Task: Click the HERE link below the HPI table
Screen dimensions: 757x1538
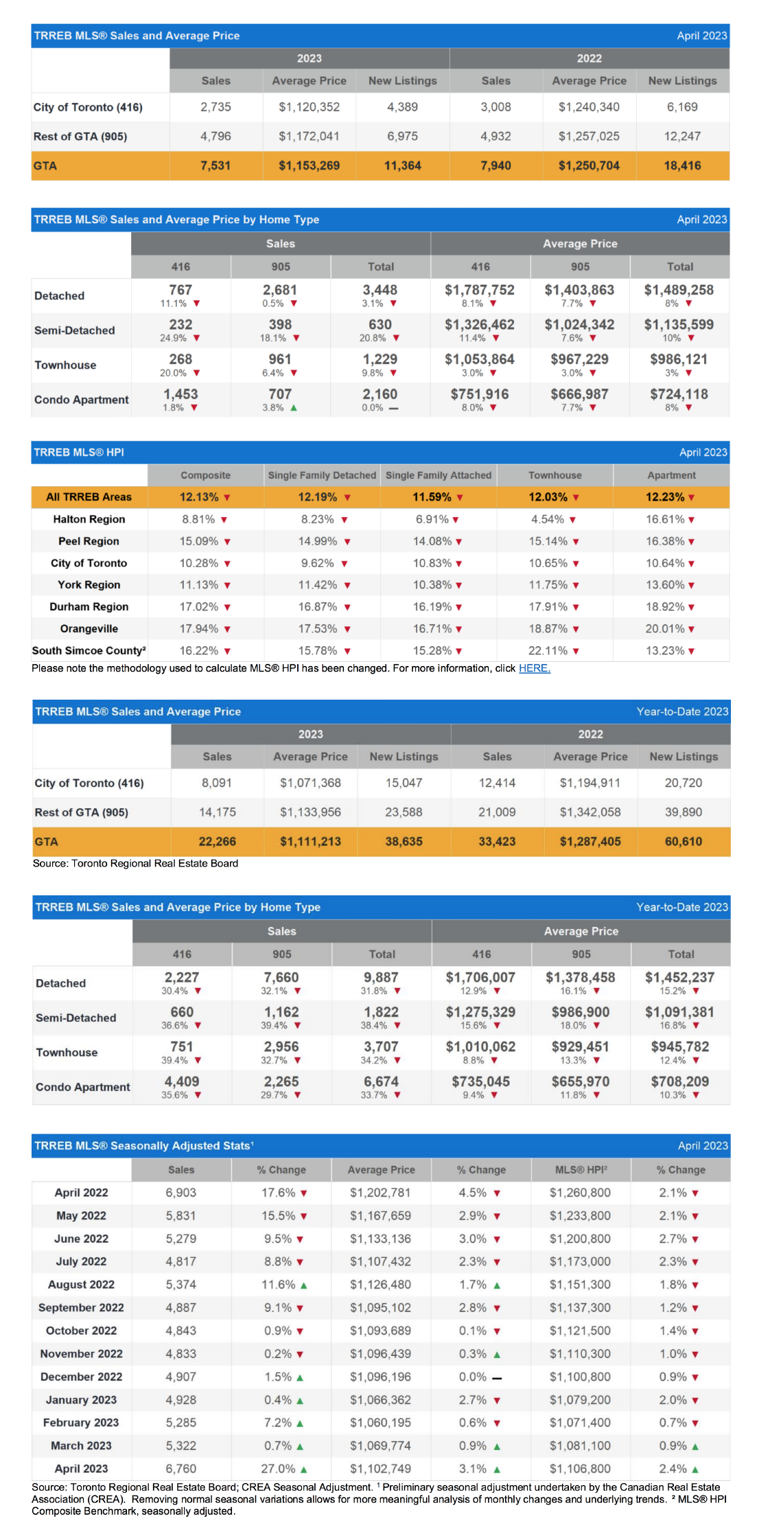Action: click(535, 668)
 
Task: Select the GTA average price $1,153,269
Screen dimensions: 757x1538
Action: click(309, 165)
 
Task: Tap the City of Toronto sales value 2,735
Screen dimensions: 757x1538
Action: click(216, 107)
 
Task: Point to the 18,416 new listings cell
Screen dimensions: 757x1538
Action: click(682, 165)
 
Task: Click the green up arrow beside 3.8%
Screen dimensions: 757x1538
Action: click(294, 408)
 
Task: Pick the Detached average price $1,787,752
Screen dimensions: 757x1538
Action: click(480, 290)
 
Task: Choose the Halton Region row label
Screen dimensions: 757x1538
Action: click(89, 519)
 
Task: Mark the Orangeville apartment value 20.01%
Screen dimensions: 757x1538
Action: click(665, 628)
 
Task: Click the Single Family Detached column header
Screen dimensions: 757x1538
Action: click(322, 475)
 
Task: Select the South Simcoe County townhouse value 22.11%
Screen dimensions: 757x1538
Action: click(548, 650)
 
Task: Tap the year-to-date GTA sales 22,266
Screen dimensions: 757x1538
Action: click(218, 842)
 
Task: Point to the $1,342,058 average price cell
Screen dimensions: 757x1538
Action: click(590, 812)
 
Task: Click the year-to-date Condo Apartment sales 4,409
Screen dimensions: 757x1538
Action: click(182, 1081)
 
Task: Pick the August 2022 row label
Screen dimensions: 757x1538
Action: click(81, 1285)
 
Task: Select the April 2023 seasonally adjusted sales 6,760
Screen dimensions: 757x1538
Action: click(180, 1469)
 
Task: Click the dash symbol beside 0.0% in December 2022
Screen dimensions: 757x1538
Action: click(497, 1377)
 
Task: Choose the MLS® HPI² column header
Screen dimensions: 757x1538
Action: click(581, 1170)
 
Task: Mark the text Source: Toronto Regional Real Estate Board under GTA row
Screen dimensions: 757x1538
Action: click(135, 863)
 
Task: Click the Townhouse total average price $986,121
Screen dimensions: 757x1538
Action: click(679, 360)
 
